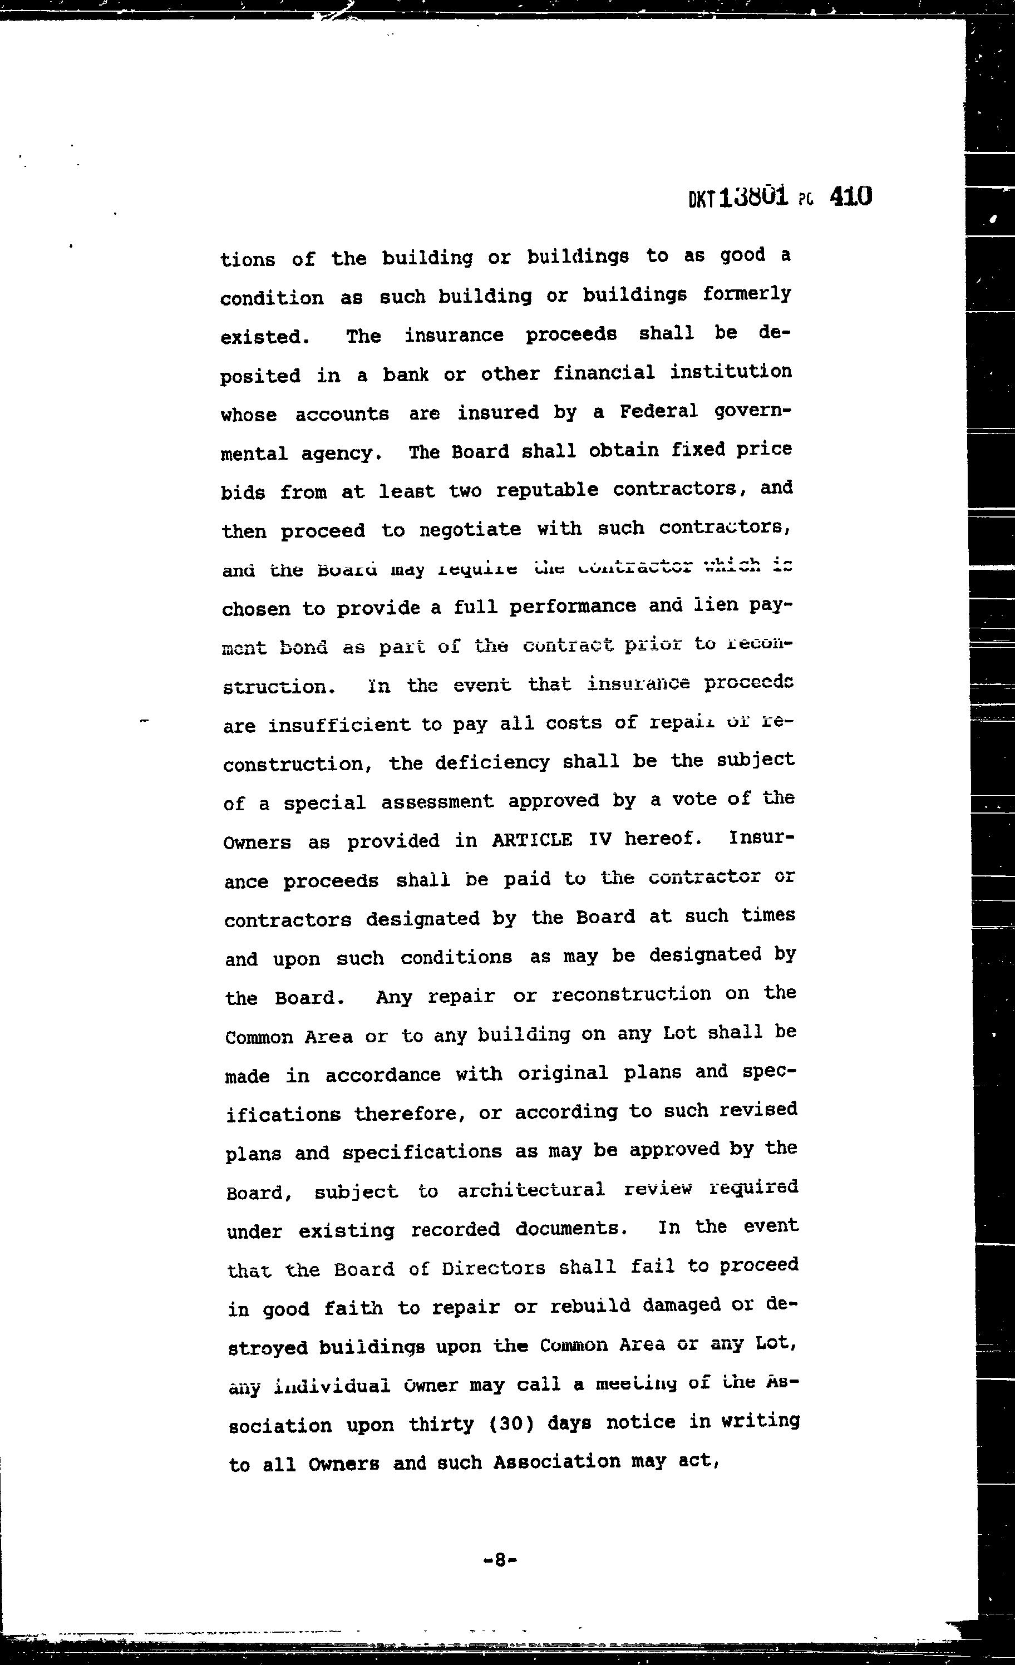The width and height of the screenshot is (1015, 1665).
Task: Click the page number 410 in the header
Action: pyautogui.click(x=850, y=196)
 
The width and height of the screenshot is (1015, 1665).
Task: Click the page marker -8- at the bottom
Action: pyautogui.click(x=501, y=1560)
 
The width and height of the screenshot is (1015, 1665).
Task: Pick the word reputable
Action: pyautogui.click(x=546, y=490)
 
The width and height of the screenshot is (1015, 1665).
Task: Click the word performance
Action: pyautogui.click(x=573, y=606)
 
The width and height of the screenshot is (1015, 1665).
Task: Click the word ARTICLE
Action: pyautogui.click(x=531, y=840)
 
